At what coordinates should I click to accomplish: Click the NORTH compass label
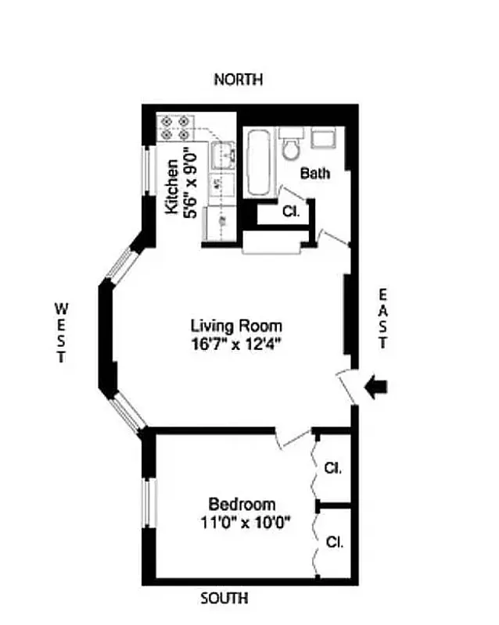click(x=239, y=80)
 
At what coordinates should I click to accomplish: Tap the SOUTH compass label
click(x=224, y=599)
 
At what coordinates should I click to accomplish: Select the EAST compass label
click(x=382, y=318)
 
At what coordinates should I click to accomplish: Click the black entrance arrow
click(x=375, y=387)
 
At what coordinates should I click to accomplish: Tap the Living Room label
click(x=236, y=326)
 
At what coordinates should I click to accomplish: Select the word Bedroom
click(x=241, y=505)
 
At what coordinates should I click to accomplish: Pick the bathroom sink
click(x=322, y=139)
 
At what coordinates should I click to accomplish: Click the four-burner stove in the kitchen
click(x=174, y=128)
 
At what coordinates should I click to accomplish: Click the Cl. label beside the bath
click(x=289, y=211)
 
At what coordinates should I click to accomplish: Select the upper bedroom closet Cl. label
click(x=333, y=469)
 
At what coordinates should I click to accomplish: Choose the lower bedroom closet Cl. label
click(x=333, y=541)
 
